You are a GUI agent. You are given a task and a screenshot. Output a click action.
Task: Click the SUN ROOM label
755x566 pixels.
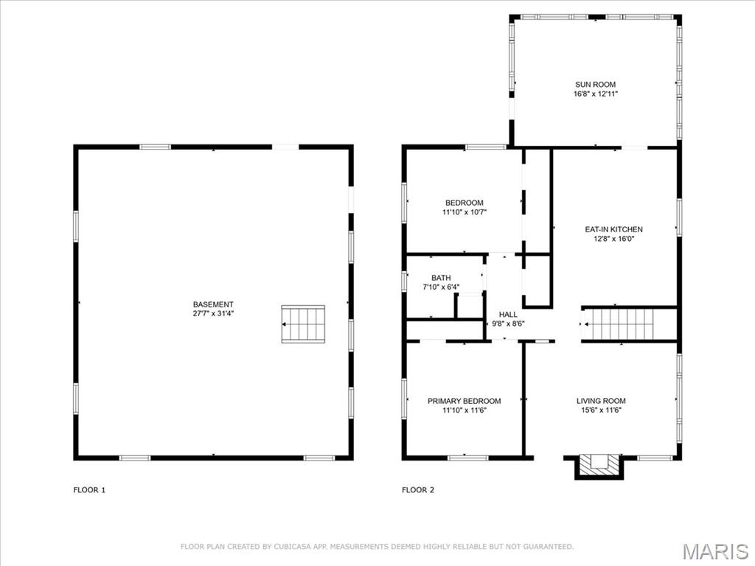(x=595, y=85)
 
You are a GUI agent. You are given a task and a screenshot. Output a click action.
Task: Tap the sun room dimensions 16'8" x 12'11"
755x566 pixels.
(x=595, y=94)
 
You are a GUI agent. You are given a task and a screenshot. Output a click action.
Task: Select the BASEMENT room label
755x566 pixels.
(x=213, y=304)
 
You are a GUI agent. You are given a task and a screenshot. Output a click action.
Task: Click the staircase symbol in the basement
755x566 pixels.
(x=303, y=324)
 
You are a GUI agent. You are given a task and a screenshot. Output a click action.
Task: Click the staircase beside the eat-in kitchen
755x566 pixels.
(x=618, y=324)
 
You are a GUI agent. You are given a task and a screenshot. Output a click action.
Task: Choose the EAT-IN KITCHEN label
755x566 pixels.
(x=613, y=230)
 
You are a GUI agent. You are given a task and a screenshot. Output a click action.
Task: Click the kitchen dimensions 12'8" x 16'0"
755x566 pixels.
(x=613, y=239)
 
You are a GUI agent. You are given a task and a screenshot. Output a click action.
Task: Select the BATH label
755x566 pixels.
(x=441, y=278)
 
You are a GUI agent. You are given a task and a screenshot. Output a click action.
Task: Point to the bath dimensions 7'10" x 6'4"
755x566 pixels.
(x=441, y=287)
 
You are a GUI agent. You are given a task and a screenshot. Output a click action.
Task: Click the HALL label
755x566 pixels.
(x=508, y=315)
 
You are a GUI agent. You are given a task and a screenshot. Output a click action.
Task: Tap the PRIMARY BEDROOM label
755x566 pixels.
(x=465, y=401)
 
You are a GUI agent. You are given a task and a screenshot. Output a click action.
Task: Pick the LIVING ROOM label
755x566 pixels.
(x=601, y=401)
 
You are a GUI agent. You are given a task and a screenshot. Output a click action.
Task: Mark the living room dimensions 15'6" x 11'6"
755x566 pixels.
(x=601, y=410)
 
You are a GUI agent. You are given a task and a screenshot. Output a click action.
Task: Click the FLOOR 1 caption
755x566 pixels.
(x=89, y=490)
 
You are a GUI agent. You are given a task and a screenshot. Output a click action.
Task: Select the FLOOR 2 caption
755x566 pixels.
(x=418, y=490)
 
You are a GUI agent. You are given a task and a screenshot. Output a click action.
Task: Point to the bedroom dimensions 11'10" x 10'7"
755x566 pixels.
(x=465, y=212)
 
